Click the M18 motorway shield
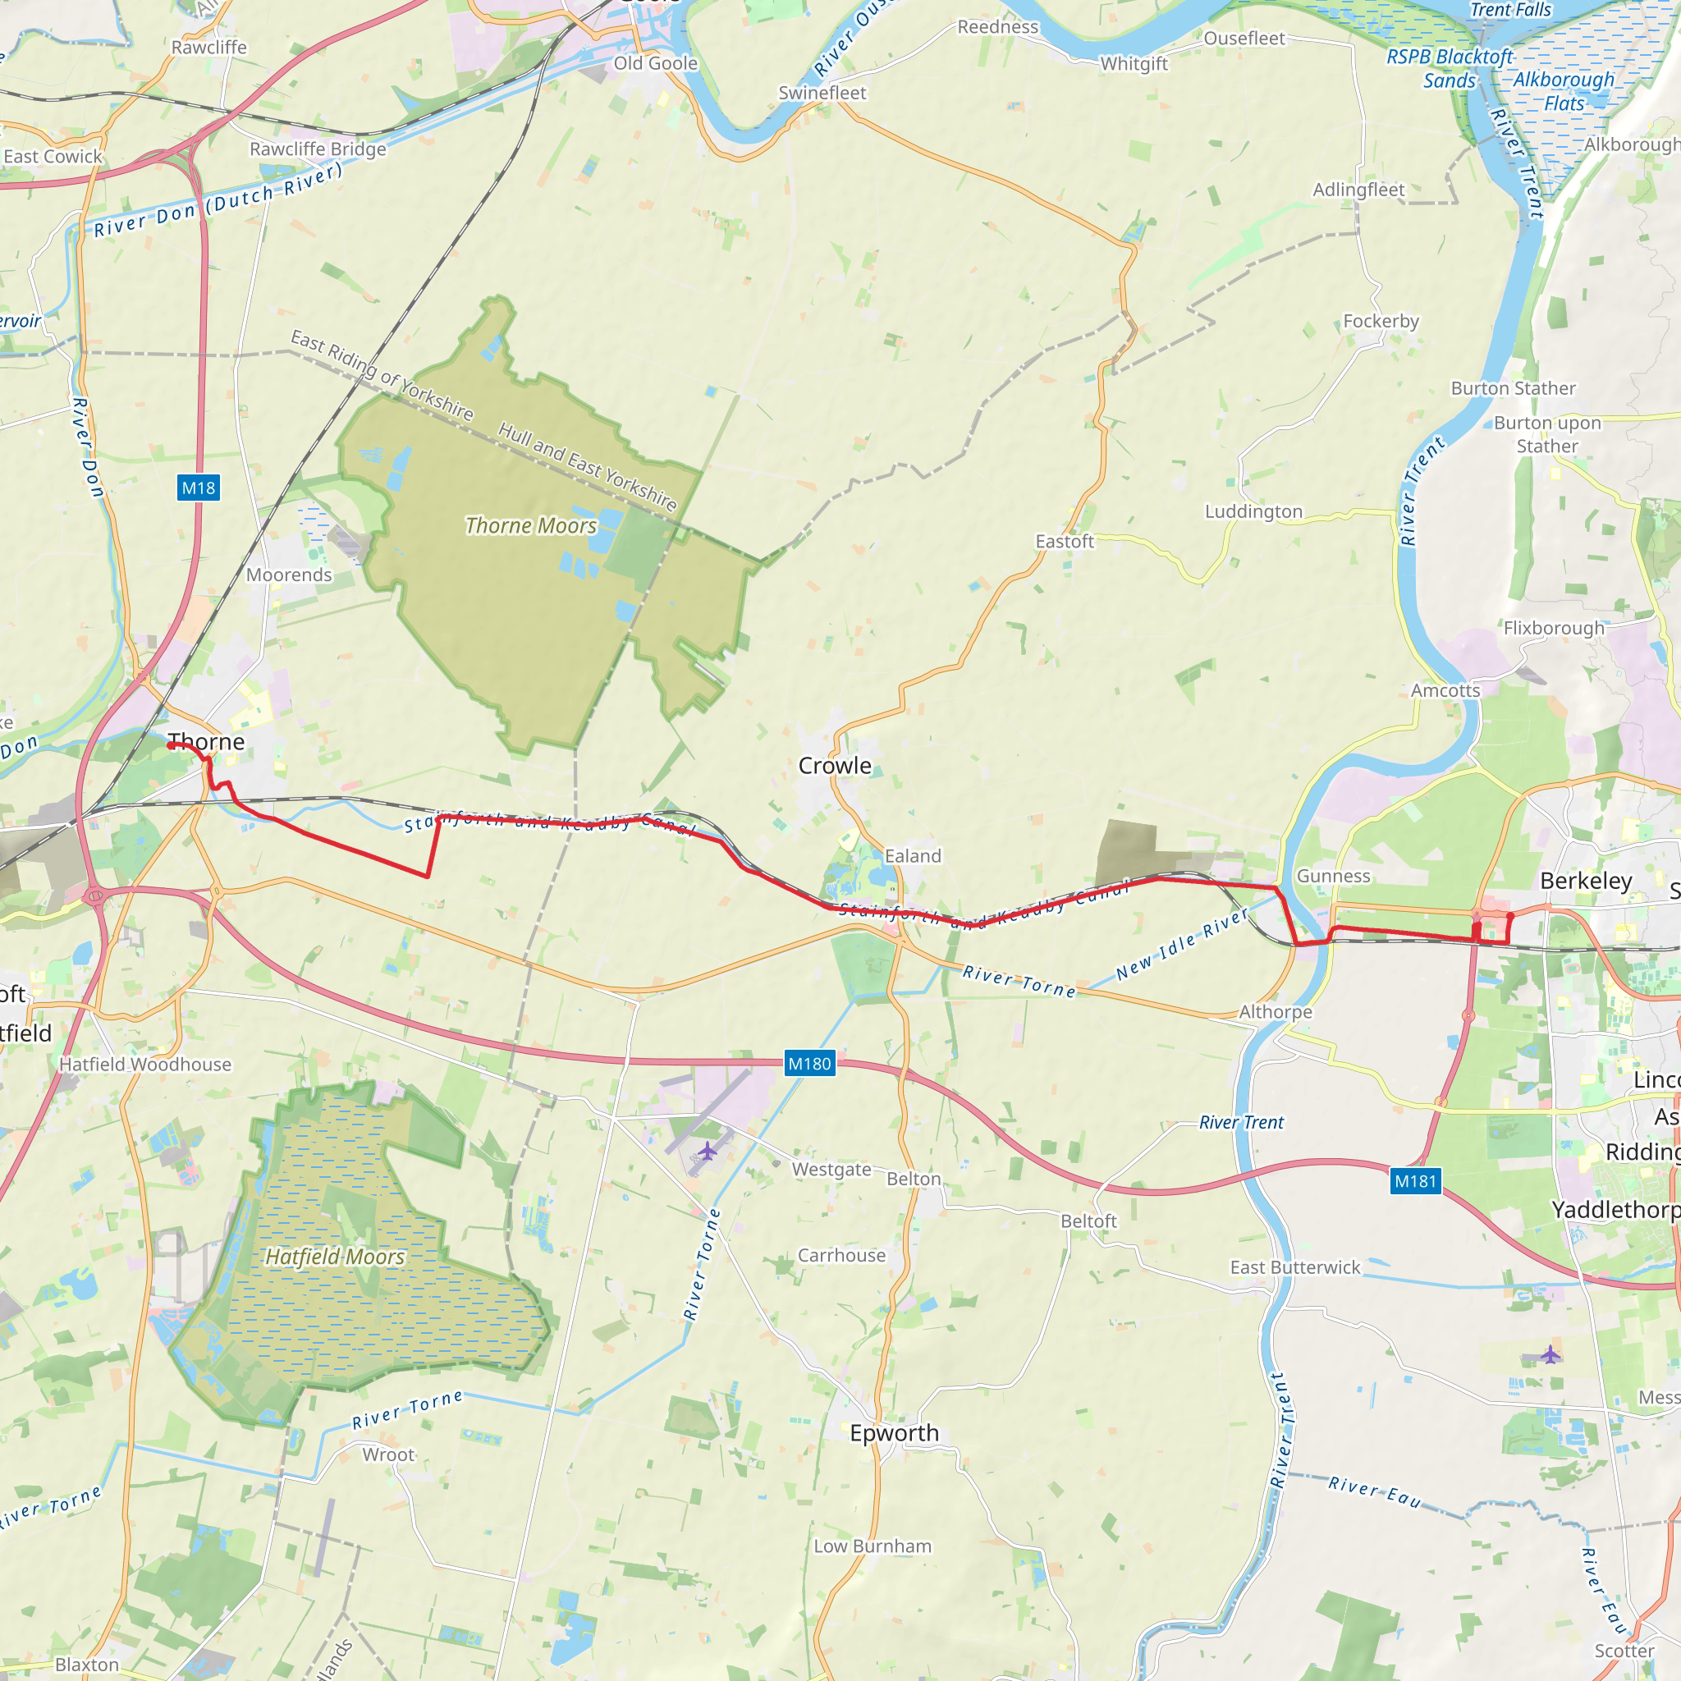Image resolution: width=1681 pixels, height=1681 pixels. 199,488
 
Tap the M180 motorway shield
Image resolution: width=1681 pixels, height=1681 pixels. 809,1063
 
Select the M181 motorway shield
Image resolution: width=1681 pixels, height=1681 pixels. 1416,1180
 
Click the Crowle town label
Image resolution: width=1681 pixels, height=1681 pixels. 835,766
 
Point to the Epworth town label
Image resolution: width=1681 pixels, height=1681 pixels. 894,1432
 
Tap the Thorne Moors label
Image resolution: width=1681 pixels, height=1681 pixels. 531,525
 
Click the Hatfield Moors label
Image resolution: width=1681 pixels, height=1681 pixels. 335,1257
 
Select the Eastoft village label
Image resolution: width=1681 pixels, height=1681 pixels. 1064,541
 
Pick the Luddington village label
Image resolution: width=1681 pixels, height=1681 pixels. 1253,511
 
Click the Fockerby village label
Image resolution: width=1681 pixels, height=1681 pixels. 1381,321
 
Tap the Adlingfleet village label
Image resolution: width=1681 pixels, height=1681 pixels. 1358,190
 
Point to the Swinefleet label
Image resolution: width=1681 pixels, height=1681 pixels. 822,93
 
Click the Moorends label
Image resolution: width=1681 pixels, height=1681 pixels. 289,575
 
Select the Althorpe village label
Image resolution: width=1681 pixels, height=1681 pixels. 1276,1012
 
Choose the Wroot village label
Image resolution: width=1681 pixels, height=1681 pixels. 388,1454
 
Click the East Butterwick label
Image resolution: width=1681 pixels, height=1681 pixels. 1294,1267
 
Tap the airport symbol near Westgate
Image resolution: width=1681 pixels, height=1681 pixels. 708,1152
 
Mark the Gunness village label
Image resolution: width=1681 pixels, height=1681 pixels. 1333,876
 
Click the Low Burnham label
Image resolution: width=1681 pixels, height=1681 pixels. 873,1546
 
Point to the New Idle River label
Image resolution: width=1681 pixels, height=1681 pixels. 1183,943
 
